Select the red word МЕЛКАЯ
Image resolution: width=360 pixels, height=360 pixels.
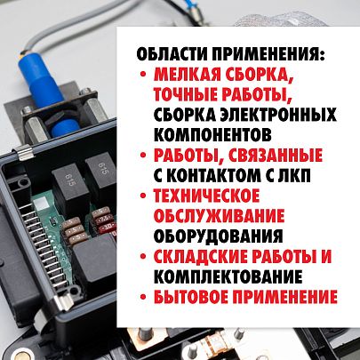coord(188,75)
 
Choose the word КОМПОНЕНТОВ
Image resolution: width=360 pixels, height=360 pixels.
coord(212,134)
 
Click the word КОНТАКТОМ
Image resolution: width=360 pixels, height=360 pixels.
coord(213,175)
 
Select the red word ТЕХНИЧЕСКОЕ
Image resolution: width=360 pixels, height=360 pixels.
coord(206,196)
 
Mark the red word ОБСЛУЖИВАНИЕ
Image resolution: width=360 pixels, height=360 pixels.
coord(219,215)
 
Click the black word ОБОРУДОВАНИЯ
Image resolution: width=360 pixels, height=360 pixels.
coord(219,236)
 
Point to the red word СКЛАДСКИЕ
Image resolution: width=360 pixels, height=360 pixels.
coord(201,256)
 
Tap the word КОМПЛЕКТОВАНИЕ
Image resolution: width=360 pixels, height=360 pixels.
coord(228,276)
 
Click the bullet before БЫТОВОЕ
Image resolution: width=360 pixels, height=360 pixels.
coord(143,296)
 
